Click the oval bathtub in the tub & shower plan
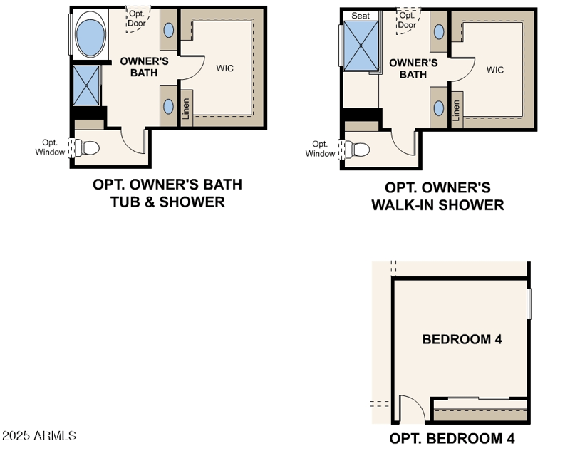coord(90,34)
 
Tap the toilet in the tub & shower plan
coord(87,148)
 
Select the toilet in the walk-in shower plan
coord(358,150)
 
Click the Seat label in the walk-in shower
coord(361,16)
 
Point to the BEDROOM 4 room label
coord(462,339)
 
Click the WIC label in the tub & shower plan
coord(224,68)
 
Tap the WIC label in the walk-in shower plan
coord(495,70)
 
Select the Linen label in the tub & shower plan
coord(186,109)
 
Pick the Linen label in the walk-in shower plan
coord(456,110)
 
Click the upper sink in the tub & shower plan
coord(169,30)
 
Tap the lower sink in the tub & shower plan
coord(168,107)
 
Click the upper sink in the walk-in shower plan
coord(439,32)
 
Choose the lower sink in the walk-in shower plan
coord(439,108)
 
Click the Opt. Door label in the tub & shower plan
coord(137,19)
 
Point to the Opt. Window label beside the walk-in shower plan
coord(320,149)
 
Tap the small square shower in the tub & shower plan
coord(86,85)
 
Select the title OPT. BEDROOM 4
coord(452,439)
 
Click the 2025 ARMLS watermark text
coord(39,435)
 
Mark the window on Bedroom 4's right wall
coord(529,304)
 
